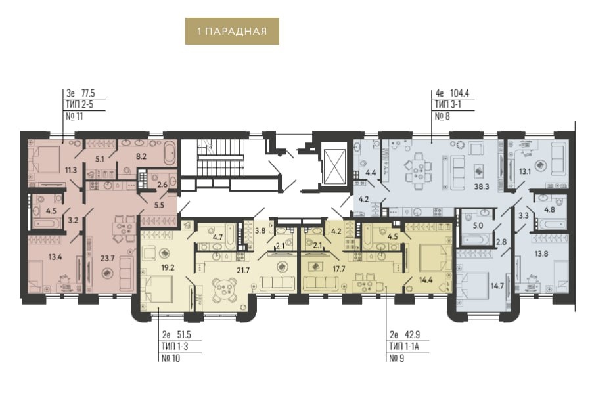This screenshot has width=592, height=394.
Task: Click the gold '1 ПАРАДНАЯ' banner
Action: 232,31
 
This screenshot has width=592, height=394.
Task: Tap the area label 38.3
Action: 482,186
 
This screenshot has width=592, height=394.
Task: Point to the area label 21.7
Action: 243,270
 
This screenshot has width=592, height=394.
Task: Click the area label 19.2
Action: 168,267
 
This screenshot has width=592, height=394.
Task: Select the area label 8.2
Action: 141,156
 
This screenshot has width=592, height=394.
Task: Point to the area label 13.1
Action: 525,171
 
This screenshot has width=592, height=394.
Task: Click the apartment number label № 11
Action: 74,116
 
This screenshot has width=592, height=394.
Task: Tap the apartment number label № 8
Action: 442,116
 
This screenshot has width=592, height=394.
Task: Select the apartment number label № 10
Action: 171,358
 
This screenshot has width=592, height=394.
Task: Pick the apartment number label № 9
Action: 397,358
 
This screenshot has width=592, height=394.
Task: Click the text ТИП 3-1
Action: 448,104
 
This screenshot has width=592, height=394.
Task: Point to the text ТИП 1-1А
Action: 404,346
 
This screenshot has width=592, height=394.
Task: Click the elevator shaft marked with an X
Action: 335,166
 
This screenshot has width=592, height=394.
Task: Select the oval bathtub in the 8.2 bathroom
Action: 170,153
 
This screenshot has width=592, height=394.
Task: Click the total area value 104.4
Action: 459,93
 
